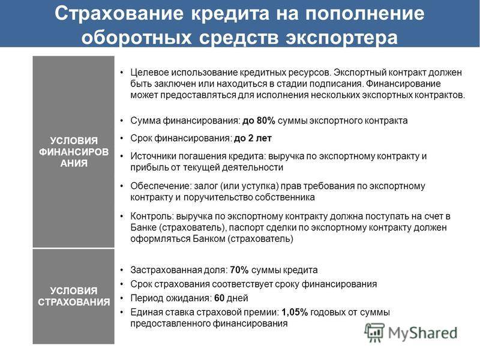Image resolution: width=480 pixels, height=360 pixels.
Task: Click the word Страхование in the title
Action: pyautogui.click(x=119, y=13)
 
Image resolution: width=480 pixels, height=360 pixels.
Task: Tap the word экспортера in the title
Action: pyautogui.click(x=341, y=38)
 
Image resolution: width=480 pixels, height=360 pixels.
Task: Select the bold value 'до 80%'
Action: pyautogui.click(x=259, y=121)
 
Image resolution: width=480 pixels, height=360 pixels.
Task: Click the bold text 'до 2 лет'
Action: pyautogui.click(x=253, y=139)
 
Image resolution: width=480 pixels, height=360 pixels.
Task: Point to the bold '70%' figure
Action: pyautogui.click(x=239, y=270)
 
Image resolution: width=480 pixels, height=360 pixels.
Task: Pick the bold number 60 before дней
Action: pyautogui.click(x=219, y=298)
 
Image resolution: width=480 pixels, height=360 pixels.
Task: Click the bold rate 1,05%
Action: pyautogui.click(x=295, y=313)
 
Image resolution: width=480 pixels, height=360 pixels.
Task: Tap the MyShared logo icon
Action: pyautogui.click(x=374, y=332)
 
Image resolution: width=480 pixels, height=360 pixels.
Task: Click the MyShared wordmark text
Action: pyautogui.click(x=423, y=334)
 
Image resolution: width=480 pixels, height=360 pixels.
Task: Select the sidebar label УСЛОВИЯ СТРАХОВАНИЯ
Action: pyautogui.click(x=74, y=296)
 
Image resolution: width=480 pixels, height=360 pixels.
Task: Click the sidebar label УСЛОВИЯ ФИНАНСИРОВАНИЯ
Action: pyautogui.click(x=74, y=152)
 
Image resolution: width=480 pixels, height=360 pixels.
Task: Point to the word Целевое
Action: pyautogui.click(x=149, y=73)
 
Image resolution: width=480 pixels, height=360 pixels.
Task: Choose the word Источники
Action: pyautogui.click(x=154, y=156)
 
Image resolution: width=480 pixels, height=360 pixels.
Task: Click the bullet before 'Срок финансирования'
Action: pyautogui.click(x=122, y=139)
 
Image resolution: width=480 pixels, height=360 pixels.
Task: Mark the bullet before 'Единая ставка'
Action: pyautogui.click(x=122, y=313)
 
